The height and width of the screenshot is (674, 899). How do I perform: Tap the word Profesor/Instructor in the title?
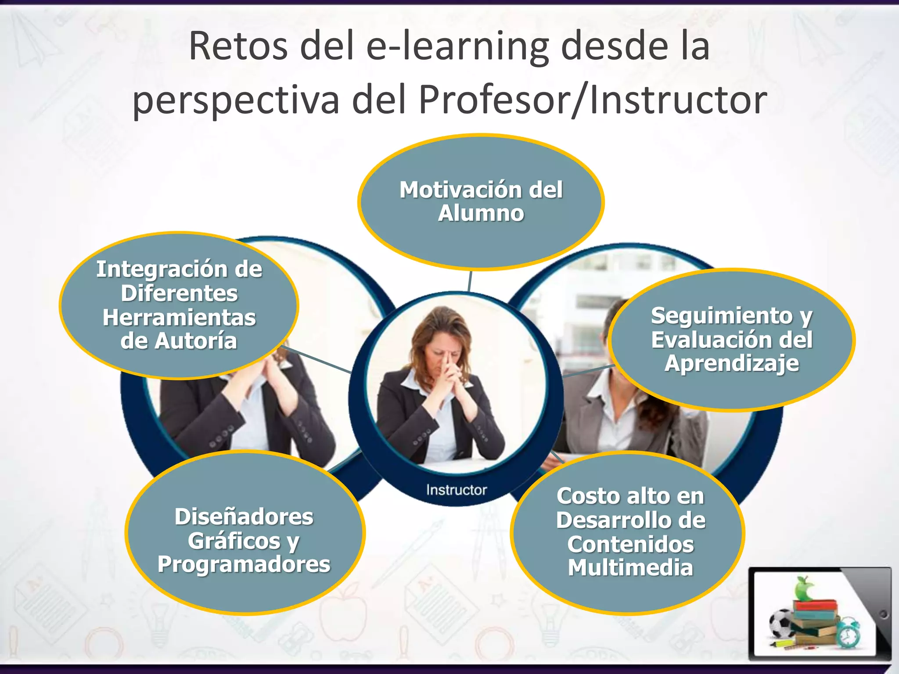[x=593, y=100]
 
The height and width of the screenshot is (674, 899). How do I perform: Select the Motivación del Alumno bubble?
[x=481, y=202]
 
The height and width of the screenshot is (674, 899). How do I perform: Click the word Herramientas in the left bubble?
[x=179, y=318]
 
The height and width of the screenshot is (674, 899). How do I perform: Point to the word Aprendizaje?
[x=732, y=364]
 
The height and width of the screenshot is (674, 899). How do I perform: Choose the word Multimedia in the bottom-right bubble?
[x=630, y=568]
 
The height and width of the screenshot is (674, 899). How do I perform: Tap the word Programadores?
[x=244, y=564]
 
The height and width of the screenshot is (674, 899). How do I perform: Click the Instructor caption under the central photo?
[x=457, y=490]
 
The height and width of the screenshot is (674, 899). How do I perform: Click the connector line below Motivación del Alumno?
[x=470, y=281]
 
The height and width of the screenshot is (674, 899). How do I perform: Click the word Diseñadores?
[x=244, y=517]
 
